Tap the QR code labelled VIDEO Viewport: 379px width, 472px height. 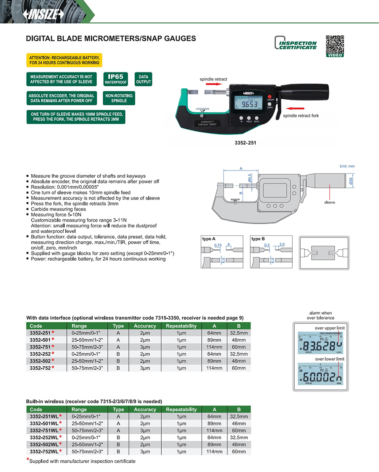[x=335, y=45]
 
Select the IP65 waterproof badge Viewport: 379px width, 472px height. [x=115, y=79]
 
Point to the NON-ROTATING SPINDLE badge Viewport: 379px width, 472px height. [x=119, y=98]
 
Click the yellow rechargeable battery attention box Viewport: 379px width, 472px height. [x=64, y=60]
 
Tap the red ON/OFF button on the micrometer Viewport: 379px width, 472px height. [x=270, y=96]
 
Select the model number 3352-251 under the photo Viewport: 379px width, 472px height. [x=246, y=143]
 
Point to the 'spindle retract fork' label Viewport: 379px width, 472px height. [x=301, y=115]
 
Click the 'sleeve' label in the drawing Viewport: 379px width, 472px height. [x=329, y=202]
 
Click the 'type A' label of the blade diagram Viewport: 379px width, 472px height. [x=209, y=239]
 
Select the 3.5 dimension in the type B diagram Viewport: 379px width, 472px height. [x=282, y=244]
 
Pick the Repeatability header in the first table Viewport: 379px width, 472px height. [x=181, y=326]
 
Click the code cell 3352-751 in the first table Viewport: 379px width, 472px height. [x=40, y=347]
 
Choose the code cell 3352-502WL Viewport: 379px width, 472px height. [x=43, y=444]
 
